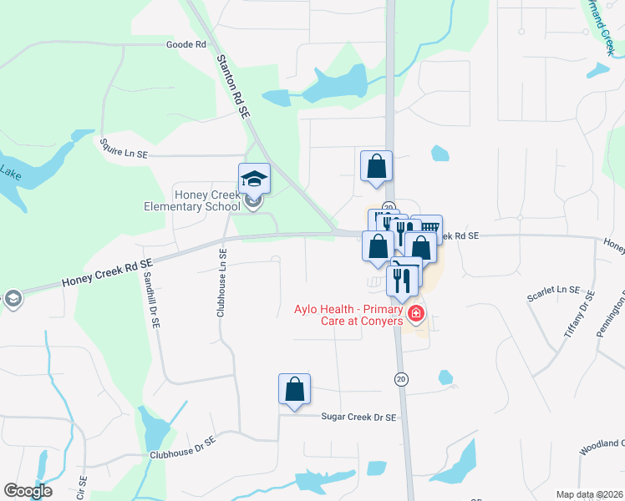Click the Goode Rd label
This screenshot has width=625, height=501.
(185, 44)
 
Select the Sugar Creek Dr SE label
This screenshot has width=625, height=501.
(358, 416)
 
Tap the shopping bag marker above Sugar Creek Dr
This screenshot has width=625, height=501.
(294, 390)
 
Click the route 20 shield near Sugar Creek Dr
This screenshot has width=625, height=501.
(402, 379)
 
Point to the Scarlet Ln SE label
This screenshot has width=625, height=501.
(552, 292)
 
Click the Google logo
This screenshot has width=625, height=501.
(28, 491)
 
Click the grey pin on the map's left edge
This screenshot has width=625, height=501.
(11, 299)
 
